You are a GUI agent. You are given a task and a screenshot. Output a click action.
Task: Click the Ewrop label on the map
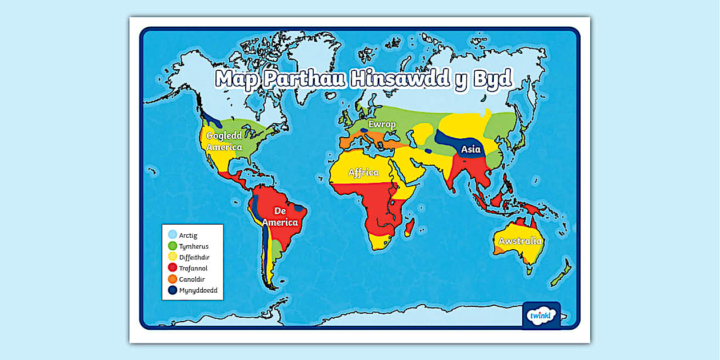pyautogui.click(x=382, y=125)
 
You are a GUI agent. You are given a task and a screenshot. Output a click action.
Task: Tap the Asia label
pyautogui.click(x=471, y=150)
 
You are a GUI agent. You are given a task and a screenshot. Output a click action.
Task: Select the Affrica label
pyautogui.click(x=363, y=172)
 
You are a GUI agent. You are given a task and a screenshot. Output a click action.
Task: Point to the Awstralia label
pyautogui.click(x=519, y=241)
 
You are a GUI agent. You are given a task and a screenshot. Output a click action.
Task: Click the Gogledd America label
pyautogui.click(x=224, y=141)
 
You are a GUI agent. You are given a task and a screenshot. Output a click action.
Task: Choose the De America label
pyautogui.click(x=284, y=217)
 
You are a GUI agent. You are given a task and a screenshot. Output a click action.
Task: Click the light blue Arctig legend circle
pyautogui.click(x=172, y=235)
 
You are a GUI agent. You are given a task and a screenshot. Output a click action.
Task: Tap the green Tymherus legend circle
pyautogui.click(x=172, y=246)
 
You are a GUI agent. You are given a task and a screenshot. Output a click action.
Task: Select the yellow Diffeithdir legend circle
pyautogui.click(x=172, y=257)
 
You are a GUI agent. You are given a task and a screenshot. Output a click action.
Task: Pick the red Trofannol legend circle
pyautogui.click(x=172, y=268)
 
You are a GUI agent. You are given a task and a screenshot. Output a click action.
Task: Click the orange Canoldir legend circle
pyautogui.click(x=172, y=279)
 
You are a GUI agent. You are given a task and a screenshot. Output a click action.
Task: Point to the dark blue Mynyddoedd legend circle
pyautogui.click(x=172, y=290)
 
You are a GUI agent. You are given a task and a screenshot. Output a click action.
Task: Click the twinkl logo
pyautogui.click(x=540, y=316)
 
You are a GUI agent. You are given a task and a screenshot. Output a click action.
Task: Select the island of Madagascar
pyautogui.click(x=410, y=230)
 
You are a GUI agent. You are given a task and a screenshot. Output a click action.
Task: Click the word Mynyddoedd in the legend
pyautogui.click(x=198, y=290)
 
